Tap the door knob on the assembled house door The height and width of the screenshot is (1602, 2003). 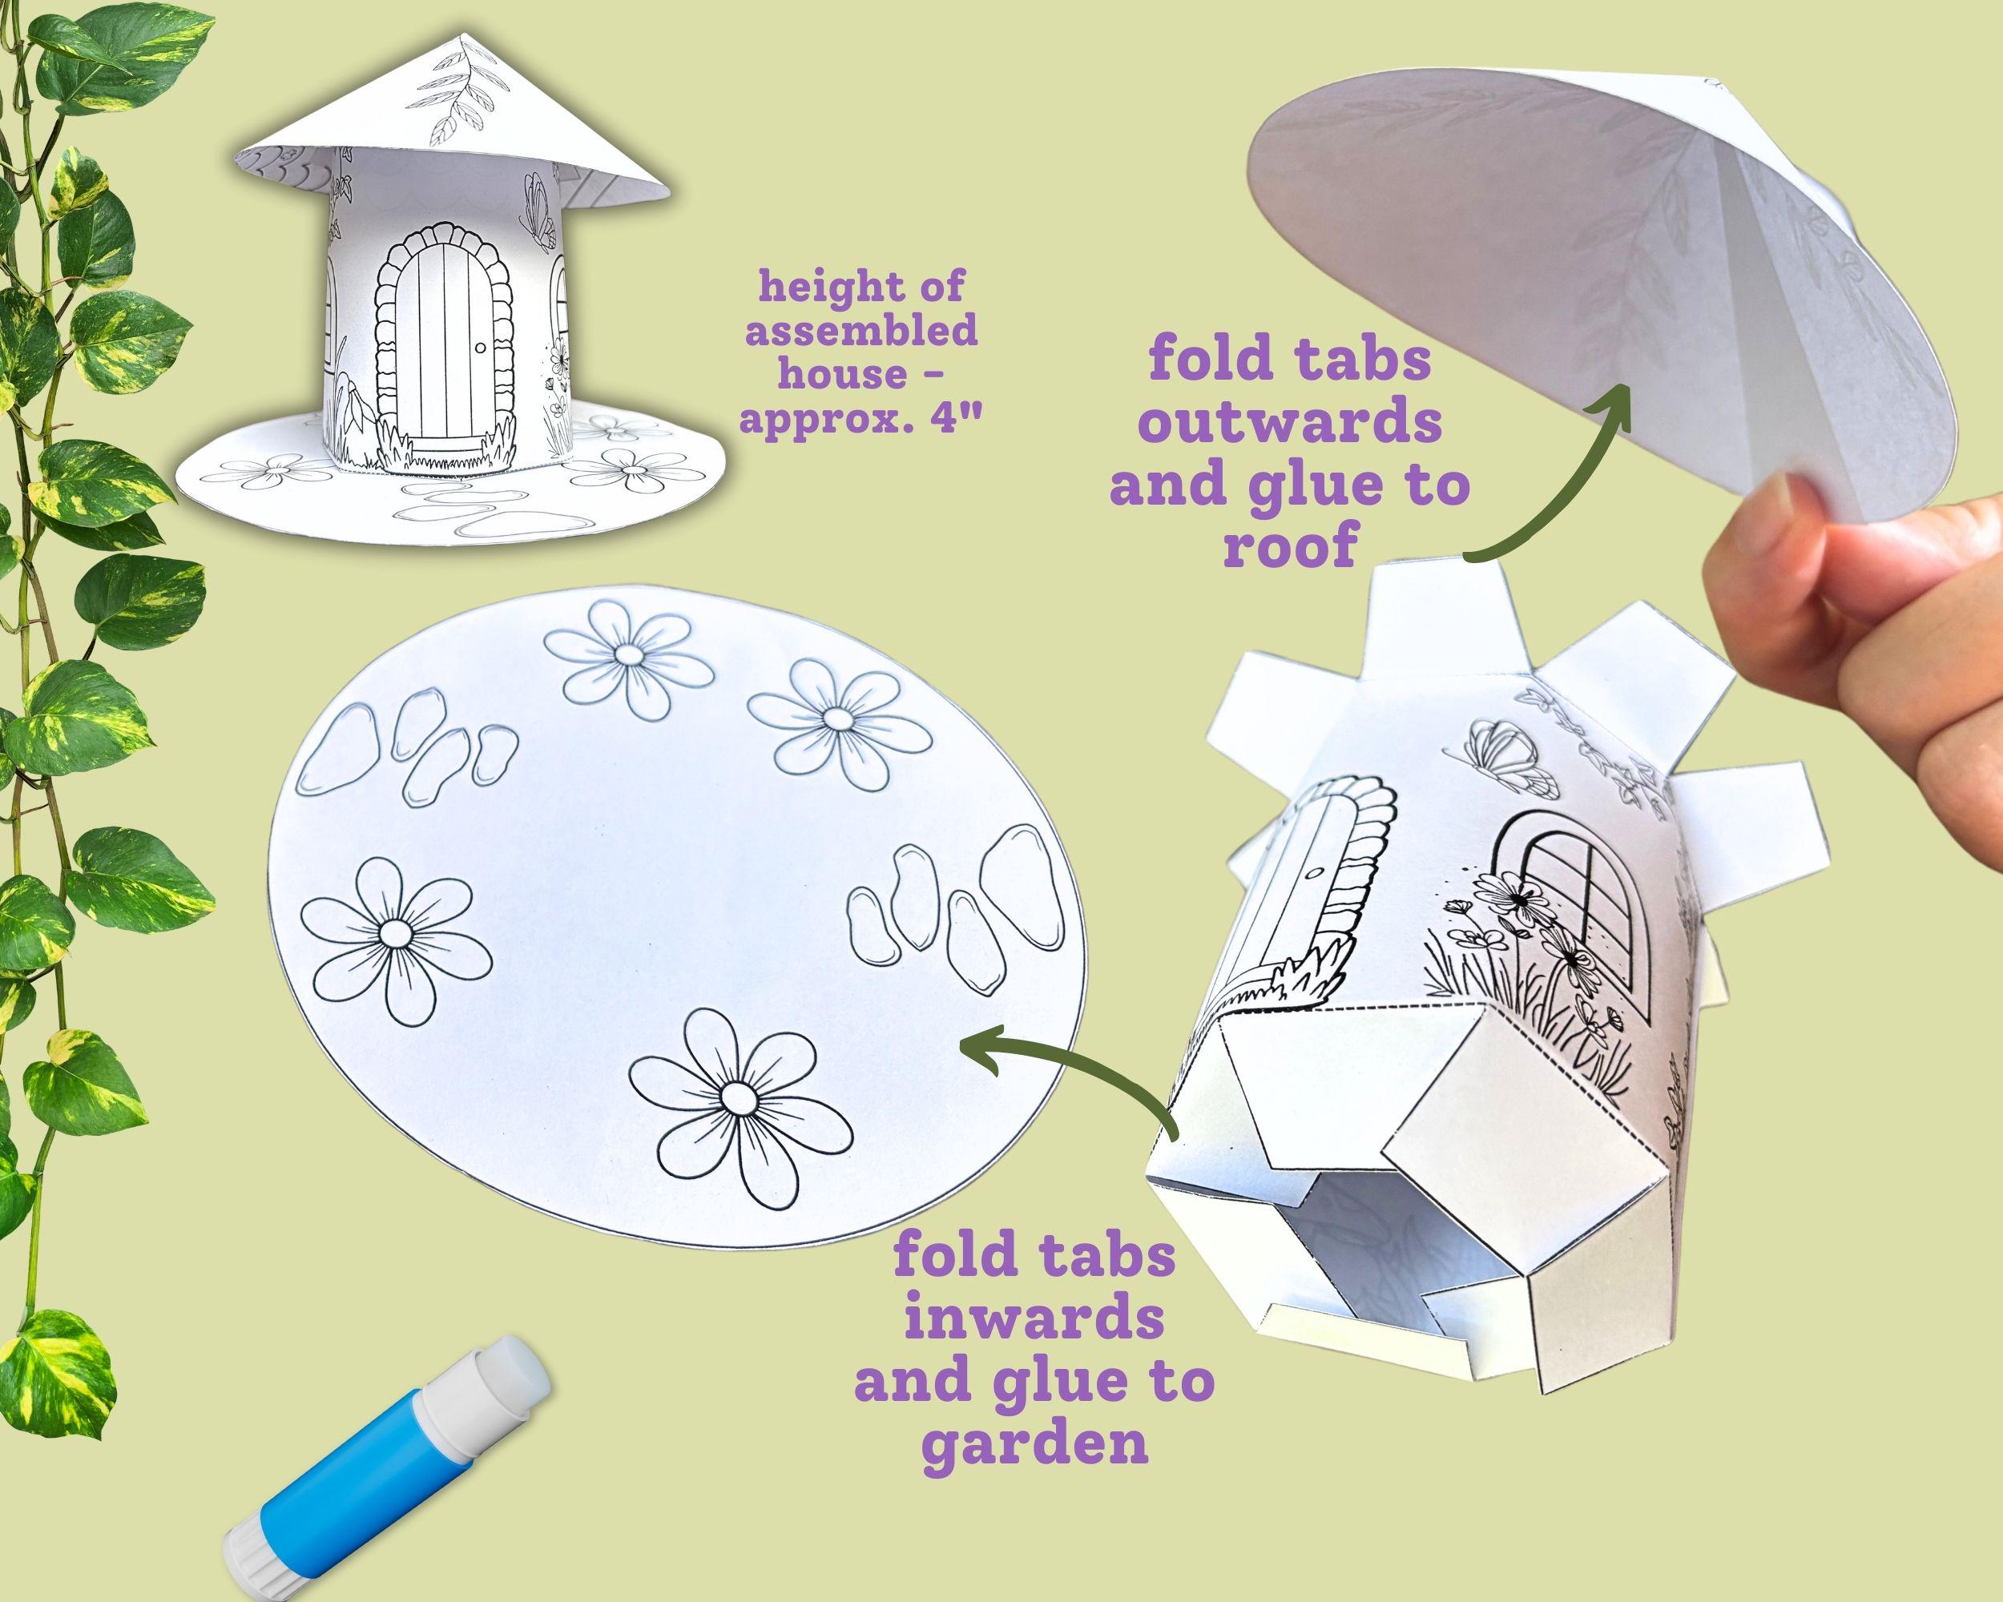pos(480,348)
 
